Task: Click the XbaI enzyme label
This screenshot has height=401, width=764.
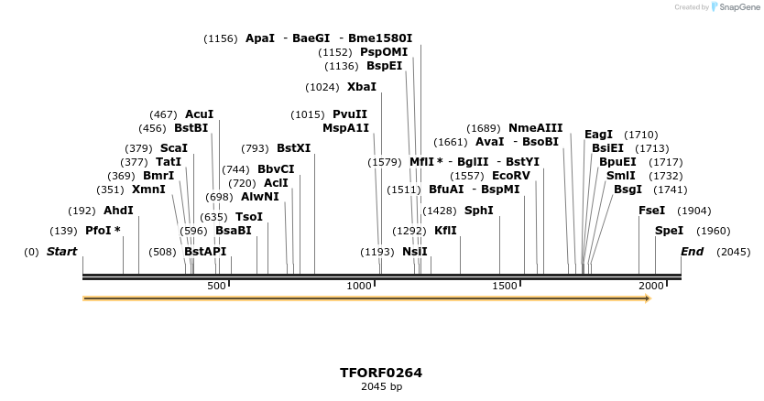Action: pos(361,87)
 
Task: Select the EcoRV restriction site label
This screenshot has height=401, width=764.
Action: pos(510,175)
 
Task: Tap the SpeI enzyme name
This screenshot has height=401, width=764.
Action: pos(668,231)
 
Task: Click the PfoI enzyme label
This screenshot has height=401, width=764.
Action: pos(103,231)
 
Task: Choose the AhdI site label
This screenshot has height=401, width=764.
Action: pos(118,211)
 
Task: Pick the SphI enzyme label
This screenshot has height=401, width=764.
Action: pos(478,211)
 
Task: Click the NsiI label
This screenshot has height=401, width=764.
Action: pos(414,252)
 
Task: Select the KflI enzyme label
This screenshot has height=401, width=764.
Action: pos(445,231)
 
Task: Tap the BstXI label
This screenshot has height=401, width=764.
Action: pos(293,148)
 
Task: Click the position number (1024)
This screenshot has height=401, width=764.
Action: pos(322,87)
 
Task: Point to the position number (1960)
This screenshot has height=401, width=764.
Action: pos(713,231)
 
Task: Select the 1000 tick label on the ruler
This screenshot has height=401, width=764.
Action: pos(358,287)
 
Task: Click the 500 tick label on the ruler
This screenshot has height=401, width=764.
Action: pos(216,287)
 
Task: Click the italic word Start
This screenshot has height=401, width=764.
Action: pos(61,252)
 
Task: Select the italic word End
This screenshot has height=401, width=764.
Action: pos(693,252)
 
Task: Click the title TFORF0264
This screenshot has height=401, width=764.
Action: pos(381,373)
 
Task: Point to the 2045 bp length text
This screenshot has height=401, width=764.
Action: pos(381,387)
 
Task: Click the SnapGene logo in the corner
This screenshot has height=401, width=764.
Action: pos(733,7)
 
